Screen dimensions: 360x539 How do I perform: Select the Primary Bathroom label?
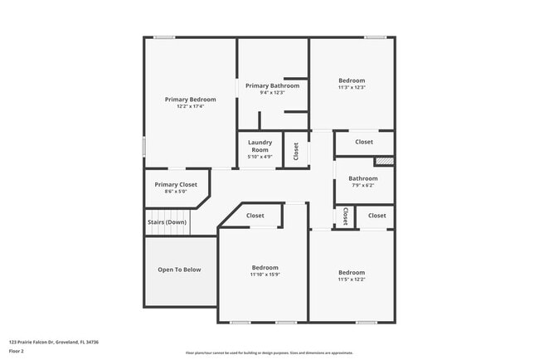[x=272, y=85]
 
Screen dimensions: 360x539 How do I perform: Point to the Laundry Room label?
[x=260, y=146]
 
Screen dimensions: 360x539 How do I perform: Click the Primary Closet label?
[x=176, y=184]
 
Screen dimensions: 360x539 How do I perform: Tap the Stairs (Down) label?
[x=168, y=222]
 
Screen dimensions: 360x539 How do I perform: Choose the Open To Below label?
[x=179, y=270]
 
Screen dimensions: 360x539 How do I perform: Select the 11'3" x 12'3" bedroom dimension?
[x=352, y=87]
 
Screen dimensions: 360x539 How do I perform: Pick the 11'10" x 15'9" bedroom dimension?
[x=265, y=275]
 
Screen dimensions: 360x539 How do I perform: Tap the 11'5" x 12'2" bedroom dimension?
[x=351, y=279]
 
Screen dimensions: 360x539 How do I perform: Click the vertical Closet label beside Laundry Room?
[x=295, y=150]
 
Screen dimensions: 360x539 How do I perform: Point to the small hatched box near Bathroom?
[x=383, y=162]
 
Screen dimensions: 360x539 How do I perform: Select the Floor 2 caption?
[x=17, y=352]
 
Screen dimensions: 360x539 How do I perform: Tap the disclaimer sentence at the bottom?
[x=269, y=353]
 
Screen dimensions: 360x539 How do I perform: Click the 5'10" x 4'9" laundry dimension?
[x=260, y=157]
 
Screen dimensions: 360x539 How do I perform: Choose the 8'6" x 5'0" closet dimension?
[x=176, y=192]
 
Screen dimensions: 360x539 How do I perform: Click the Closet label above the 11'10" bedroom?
[x=255, y=216]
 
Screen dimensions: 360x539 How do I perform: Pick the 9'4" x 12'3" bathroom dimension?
[x=272, y=92]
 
